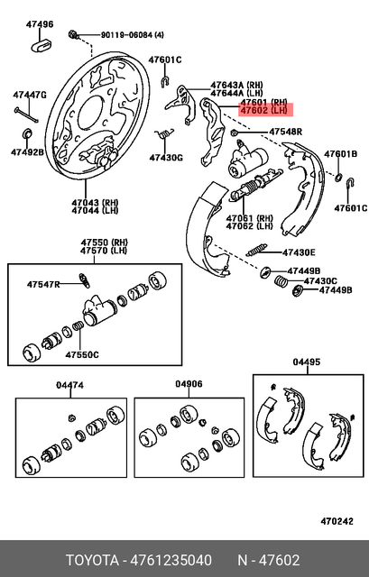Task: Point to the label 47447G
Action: pyautogui.click(x=29, y=94)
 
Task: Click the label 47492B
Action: pyautogui.click(x=27, y=152)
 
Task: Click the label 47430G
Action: pyautogui.click(x=165, y=158)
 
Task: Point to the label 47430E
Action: pyautogui.click(x=298, y=252)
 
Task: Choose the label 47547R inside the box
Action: pyautogui.click(x=42, y=284)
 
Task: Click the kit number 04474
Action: pyautogui.click(x=69, y=385)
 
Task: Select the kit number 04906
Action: pyautogui.click(x=189, y=384)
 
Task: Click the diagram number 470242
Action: pyautogui.click(x=339, y=521)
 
